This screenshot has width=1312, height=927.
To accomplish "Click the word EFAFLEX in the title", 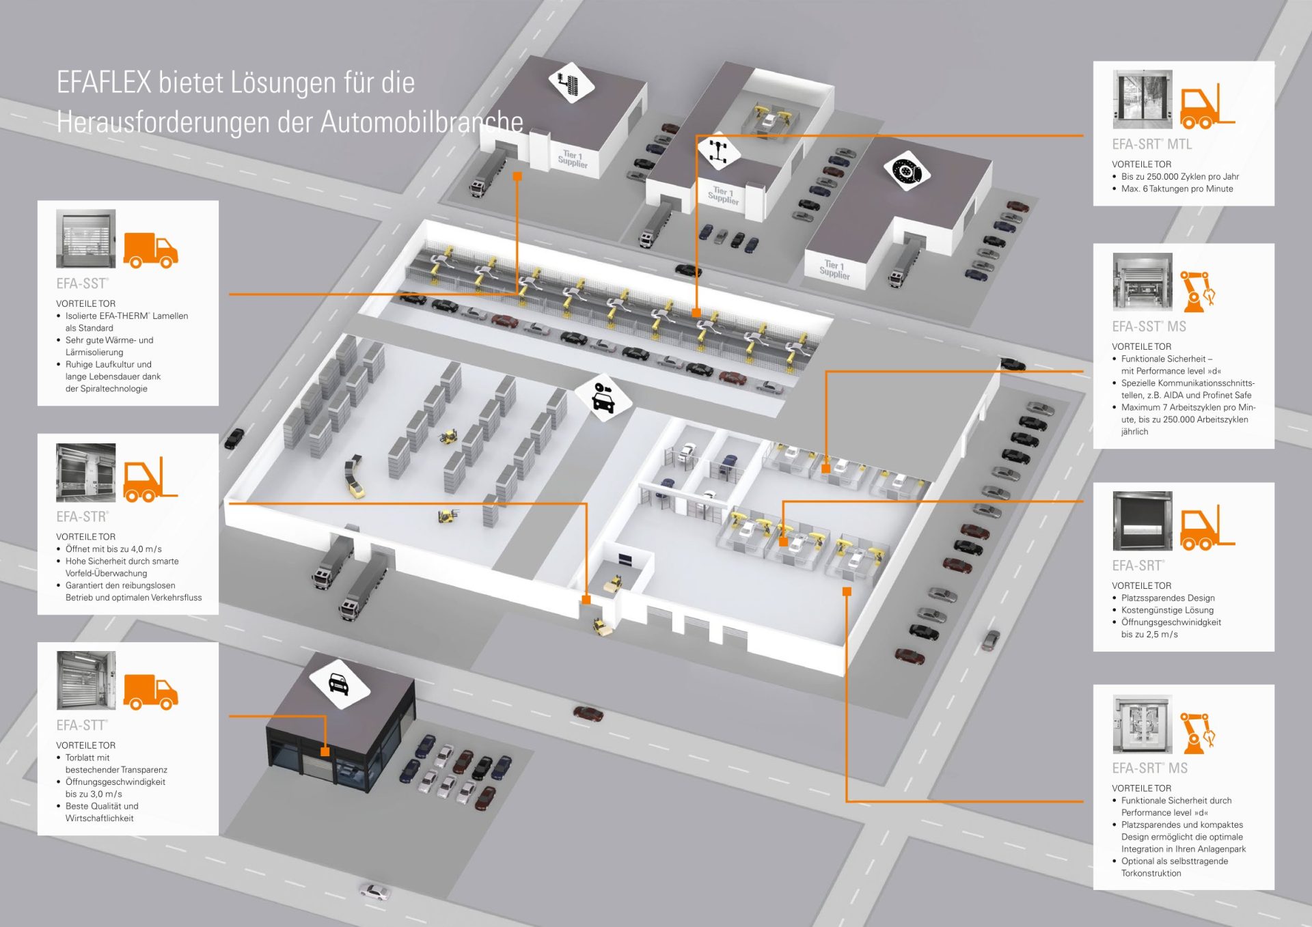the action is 103,83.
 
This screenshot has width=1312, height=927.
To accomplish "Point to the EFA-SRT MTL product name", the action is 1151,144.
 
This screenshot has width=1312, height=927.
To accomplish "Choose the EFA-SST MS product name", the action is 1149,327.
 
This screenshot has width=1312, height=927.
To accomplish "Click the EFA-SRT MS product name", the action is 1149,768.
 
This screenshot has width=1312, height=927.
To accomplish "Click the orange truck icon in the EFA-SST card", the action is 151,250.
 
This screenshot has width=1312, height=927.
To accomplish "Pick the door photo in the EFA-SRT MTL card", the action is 1142,99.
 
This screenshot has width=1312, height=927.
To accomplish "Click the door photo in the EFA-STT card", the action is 86,680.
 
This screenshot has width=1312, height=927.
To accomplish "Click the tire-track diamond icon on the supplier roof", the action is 571,83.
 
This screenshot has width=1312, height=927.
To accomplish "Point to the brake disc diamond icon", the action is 907,170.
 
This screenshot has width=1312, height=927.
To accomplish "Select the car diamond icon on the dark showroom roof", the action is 340,683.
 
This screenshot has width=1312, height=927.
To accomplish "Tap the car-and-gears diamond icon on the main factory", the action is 603,397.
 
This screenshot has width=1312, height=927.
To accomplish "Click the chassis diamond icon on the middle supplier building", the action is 719,150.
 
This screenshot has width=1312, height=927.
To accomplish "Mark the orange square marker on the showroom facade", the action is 325,751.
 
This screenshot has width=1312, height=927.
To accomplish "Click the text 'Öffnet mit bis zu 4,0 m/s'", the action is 113,549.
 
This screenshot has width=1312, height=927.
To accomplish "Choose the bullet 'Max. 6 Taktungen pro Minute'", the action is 1177,189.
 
